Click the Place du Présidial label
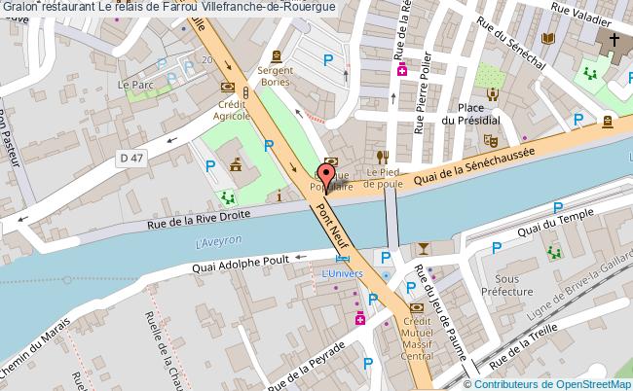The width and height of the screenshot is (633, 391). point(464,113)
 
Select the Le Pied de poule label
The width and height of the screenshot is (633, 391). point(384,176)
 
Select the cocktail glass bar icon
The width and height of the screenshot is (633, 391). point(423,249)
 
